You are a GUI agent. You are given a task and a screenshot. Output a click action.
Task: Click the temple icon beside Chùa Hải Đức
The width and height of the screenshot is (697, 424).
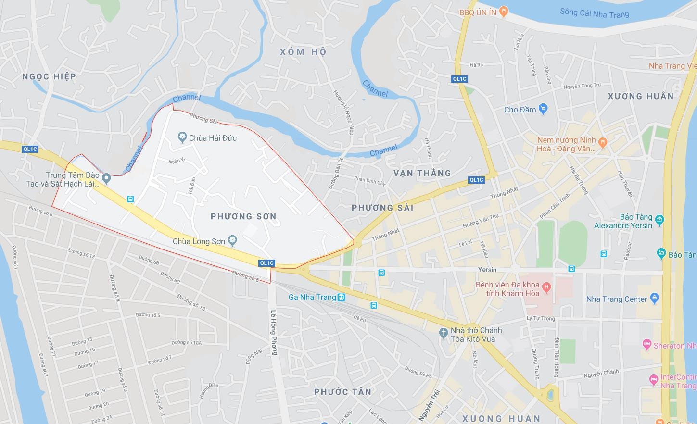(182, 138)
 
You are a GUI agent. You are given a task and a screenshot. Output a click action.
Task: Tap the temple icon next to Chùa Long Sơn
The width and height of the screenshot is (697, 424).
(232, 240)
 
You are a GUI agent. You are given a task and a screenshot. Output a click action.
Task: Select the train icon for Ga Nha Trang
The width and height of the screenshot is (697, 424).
(342, 297)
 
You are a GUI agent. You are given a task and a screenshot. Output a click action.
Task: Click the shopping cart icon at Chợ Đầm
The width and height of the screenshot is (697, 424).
(543, 109)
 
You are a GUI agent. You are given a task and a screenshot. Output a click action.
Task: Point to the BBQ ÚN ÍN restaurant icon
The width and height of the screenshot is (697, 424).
(504, 12)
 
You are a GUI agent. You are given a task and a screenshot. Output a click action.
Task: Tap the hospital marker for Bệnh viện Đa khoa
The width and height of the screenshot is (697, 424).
(546, 288)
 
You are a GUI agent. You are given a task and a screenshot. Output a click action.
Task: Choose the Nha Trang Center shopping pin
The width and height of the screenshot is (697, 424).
(654, 299)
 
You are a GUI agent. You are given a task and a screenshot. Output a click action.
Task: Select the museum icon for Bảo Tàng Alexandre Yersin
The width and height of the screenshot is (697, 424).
(659, 221)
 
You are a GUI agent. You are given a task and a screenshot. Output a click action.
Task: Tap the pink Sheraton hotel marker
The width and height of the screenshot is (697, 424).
(647, 345)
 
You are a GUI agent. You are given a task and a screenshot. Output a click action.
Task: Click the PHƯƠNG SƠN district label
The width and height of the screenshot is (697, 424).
(243, 217)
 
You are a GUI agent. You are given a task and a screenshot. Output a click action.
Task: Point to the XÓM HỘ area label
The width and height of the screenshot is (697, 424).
(303, 52)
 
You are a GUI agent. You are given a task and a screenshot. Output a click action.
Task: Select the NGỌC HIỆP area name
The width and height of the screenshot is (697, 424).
(49, 76)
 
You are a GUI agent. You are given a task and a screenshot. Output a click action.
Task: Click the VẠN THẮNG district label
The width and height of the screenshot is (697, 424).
(422, 173)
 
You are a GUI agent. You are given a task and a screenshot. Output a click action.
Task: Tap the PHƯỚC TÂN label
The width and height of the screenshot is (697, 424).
(342, 392)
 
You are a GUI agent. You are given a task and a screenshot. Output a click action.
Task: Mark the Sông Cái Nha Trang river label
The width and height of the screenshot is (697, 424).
(594, 13)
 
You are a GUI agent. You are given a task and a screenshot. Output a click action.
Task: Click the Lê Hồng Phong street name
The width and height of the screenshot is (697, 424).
(274, 332)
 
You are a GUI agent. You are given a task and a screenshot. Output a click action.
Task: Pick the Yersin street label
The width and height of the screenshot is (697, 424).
(487, 270)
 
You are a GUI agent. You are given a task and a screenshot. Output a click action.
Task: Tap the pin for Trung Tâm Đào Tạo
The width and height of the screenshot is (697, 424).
(107, 179)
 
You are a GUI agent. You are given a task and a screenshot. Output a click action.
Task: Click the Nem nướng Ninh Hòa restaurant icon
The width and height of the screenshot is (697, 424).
(603, 142)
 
